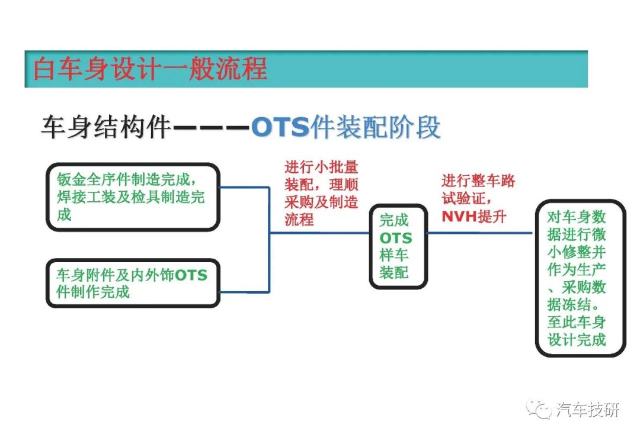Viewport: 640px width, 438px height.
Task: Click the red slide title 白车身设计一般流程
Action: (x=150, y=69)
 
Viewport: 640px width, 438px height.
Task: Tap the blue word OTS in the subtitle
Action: (x=280, y=127)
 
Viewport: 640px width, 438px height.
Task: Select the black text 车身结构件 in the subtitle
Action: (x=105, y=127)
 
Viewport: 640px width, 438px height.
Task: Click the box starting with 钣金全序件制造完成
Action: (x=133, y=197)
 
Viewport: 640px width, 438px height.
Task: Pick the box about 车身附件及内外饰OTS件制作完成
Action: (x=133, y=283)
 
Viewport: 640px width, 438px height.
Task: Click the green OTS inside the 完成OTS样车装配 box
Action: (x=395, y=238)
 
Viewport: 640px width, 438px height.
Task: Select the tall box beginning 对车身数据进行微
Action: (x=580, y=278)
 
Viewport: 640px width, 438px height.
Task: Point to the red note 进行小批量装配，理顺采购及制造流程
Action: (x=321, y=194)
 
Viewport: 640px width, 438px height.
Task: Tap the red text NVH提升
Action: (x=474, y=216)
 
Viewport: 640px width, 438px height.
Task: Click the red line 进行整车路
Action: (x=478, y=181)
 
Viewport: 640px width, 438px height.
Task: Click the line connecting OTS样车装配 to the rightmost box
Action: (x=479, y=233)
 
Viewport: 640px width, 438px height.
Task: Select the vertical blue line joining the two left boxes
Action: (x=269, y=239)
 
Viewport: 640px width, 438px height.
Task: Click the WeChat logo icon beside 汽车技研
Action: (x=539, y=409)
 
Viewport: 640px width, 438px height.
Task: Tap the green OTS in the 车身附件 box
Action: (x=191, y=275)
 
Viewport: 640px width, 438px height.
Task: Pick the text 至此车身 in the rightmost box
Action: (x=577, y=322)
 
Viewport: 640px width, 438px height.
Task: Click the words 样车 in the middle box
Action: (x=394, y=255)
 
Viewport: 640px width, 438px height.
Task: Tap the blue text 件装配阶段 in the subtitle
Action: (x=376, y=127)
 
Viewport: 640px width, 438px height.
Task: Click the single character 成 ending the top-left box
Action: (x=65, y=214)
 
